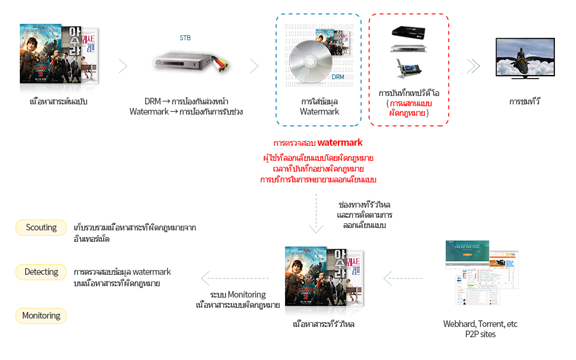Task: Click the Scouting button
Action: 41,227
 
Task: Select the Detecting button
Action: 41,272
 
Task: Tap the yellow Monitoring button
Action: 41,316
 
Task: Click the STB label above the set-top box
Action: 186,38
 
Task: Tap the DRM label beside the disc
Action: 338,77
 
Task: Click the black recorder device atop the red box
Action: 408,31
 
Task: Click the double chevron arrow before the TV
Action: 473,66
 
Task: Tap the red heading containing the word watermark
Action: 317,143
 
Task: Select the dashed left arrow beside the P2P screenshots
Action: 403,277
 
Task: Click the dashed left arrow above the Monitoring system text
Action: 222,278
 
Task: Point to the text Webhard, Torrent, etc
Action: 480,324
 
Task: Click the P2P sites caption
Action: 480,334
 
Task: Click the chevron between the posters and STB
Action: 123,66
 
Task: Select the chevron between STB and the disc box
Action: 254,66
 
